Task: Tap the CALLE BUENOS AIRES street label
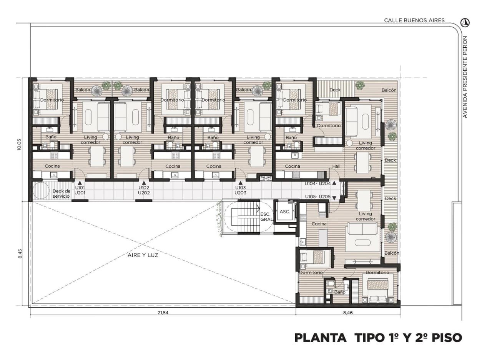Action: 414,20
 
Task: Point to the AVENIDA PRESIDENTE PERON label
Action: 465,77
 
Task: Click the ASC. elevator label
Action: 285,212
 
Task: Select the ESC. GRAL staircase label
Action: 266,217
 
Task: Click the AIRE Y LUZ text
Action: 143,255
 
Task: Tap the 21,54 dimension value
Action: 163,313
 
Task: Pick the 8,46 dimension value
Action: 348,313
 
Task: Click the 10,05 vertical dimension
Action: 19,144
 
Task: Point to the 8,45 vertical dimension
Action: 20,253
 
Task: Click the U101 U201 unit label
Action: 80,190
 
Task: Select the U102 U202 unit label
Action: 144,190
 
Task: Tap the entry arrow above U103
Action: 241,183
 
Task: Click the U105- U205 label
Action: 318,197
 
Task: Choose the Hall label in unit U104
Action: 336,167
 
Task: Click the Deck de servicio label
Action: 61,193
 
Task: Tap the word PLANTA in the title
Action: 321,338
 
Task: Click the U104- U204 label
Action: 317,183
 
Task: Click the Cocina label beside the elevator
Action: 319,224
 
